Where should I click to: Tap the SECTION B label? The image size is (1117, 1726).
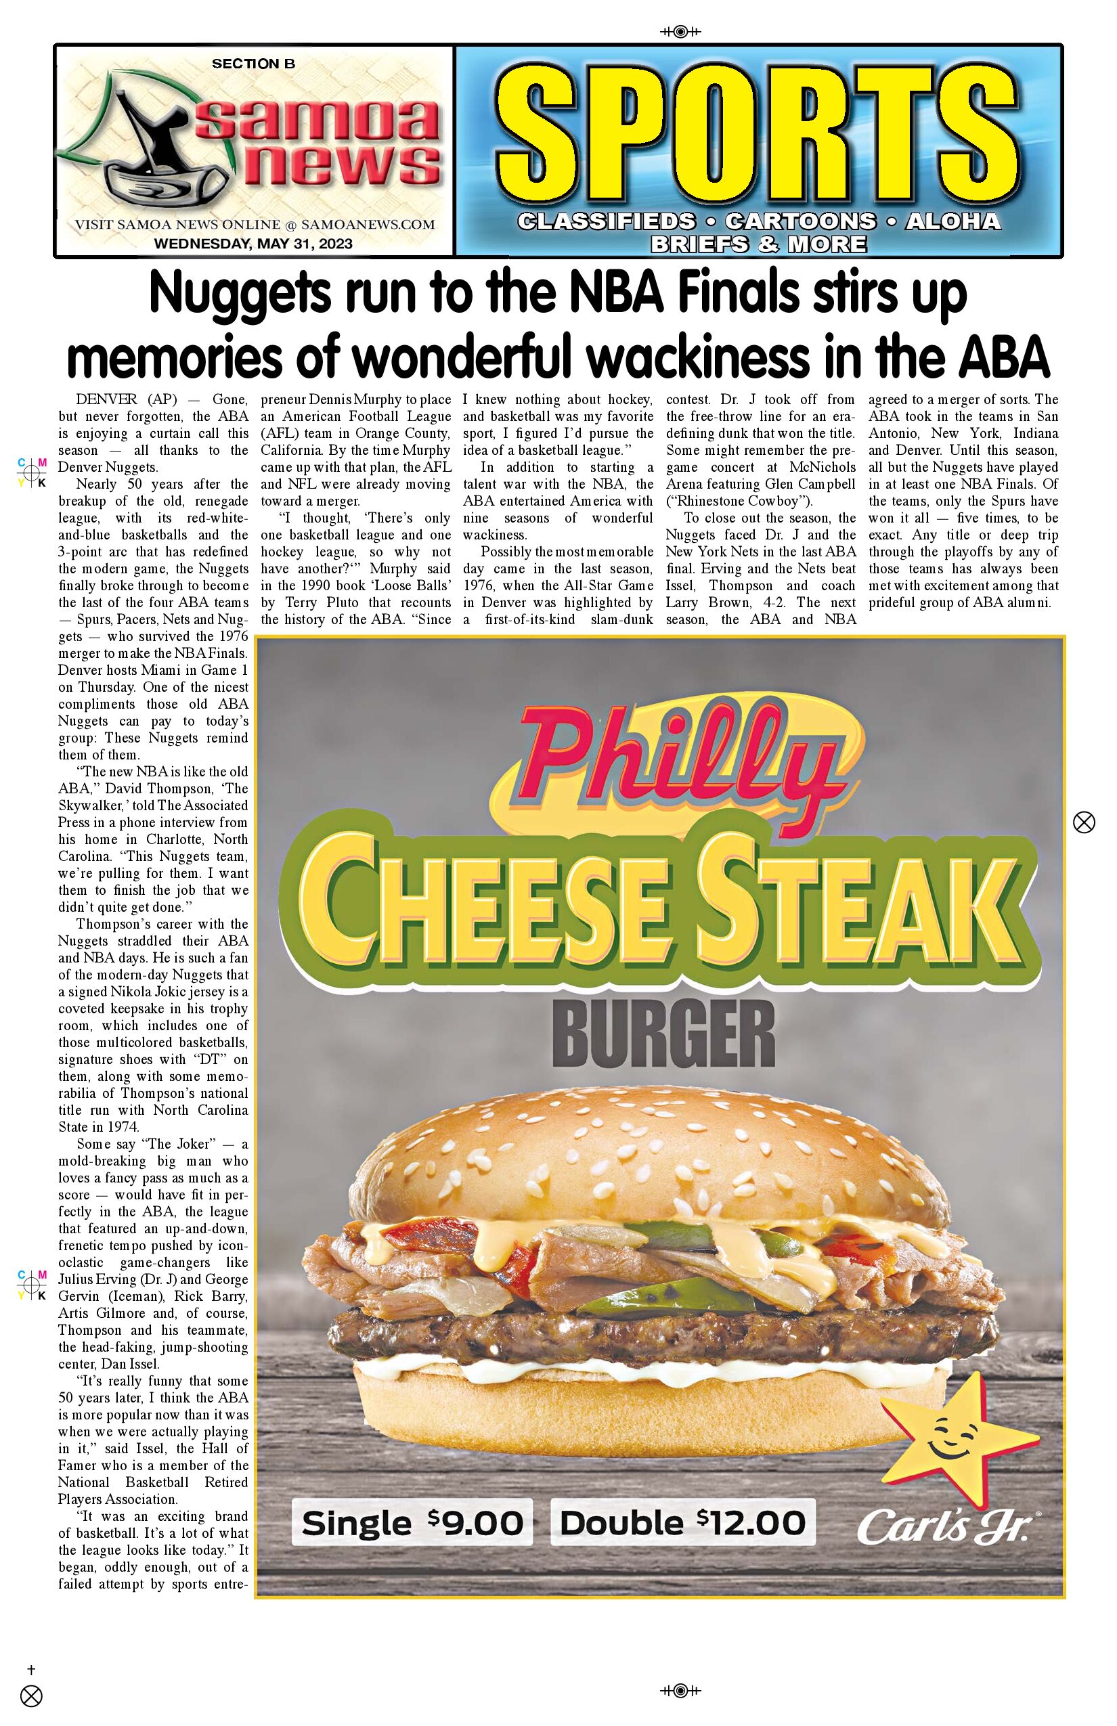253,64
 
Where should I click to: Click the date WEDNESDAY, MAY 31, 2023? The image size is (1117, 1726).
253,244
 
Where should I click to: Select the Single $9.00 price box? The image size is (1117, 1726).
412,1522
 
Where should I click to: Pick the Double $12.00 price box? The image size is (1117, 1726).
682,1522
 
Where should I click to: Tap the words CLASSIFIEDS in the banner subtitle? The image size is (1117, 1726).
607,221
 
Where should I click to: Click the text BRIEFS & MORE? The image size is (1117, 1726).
758,244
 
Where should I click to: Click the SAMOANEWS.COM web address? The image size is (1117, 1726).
368,225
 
